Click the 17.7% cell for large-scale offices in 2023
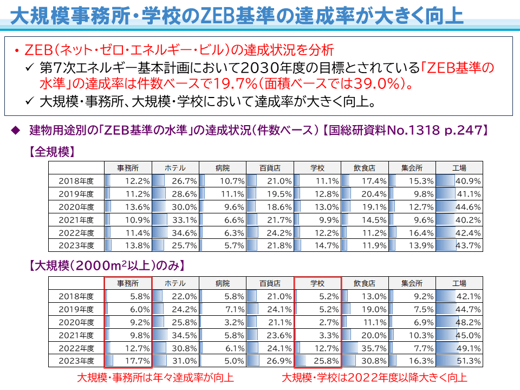[128, 360]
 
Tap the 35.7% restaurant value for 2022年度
[365, 348]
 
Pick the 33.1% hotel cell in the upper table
[175, 220]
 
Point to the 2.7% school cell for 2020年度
[317, 322]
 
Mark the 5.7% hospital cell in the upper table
[223, 245]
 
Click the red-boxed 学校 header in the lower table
[317, 283]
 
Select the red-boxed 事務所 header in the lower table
[128, 283]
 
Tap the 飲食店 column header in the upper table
[365, 167]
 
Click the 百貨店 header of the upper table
[270, 167]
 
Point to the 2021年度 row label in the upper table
[76, 220]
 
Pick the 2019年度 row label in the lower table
[76, 309]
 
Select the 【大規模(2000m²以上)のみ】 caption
[107, 266]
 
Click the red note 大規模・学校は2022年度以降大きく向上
[374, 378]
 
